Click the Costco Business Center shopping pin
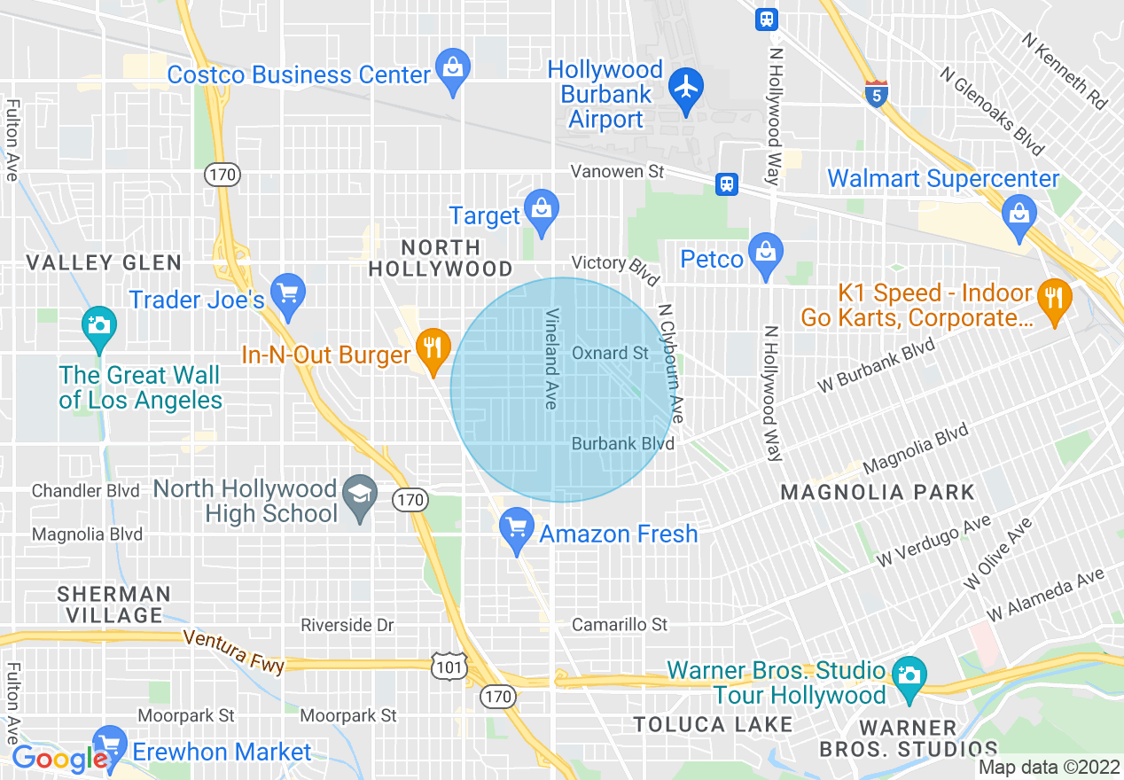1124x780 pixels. coord(453,68)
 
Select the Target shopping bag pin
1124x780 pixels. coord(539,210)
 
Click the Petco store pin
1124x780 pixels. coord(765,253)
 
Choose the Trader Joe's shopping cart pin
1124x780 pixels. coord(287,293)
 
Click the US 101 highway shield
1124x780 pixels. coord(449,667)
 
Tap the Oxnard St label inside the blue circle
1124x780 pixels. coord(610,353)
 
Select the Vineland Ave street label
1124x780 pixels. coord(551,358)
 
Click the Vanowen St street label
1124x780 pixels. coord(617,171)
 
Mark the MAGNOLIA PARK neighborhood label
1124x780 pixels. coord(878,492)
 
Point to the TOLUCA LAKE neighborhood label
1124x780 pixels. coord(713,725)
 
